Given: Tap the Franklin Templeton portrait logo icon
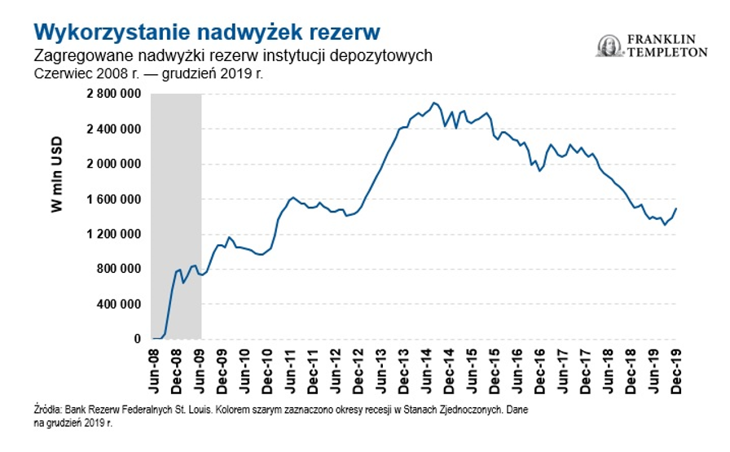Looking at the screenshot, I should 609,46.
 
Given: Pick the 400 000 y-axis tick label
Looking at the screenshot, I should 121,305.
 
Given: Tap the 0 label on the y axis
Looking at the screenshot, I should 139,340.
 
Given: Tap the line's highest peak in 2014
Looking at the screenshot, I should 434,103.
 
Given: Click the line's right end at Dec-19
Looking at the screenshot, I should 675,208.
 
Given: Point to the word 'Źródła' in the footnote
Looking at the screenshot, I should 47,410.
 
